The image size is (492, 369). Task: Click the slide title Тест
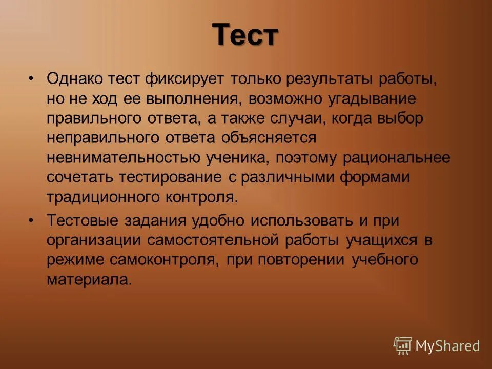tap(245, 35)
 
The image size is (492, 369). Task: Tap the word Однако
tap(74, 79)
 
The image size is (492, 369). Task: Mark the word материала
tap(89, 279)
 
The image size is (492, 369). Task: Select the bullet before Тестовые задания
tap(31, 221)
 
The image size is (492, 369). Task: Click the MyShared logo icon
tap(403, 346)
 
